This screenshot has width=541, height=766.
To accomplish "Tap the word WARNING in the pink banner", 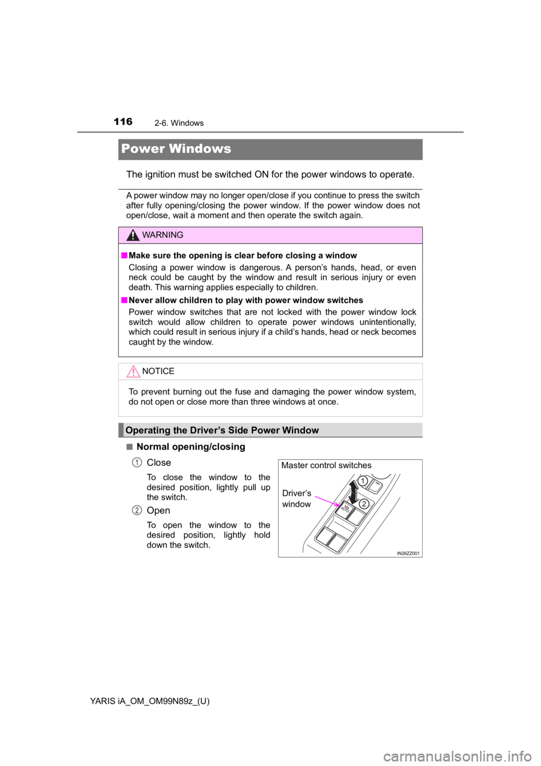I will coord(163,235).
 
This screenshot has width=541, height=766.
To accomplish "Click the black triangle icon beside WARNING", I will coord(133,235).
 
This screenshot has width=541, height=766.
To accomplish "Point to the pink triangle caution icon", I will coord(133,371).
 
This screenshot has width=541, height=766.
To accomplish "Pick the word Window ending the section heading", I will coord(301,430).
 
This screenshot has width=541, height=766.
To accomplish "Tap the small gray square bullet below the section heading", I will coord(129,446).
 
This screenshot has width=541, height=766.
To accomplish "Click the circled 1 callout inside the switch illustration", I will coord(364,481).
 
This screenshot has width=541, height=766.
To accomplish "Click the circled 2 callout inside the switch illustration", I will coord(365,504).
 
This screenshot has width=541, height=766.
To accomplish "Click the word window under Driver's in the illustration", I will coord(296,504).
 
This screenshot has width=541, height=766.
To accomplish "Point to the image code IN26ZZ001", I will coord(408,553).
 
